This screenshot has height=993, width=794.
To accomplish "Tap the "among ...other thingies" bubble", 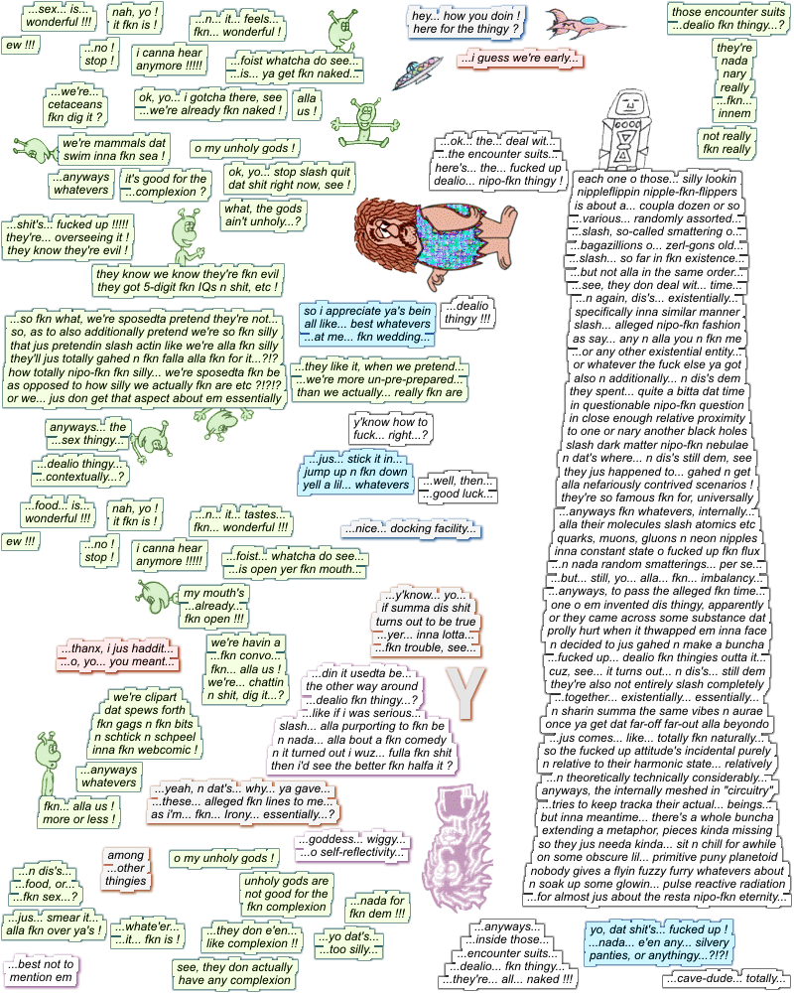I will [x=126, y=867].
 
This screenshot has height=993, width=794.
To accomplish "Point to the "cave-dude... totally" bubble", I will [x=726, y=978].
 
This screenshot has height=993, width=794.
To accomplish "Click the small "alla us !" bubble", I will [x=308, y=104].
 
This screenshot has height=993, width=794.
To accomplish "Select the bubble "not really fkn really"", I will [x=727, y=142].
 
